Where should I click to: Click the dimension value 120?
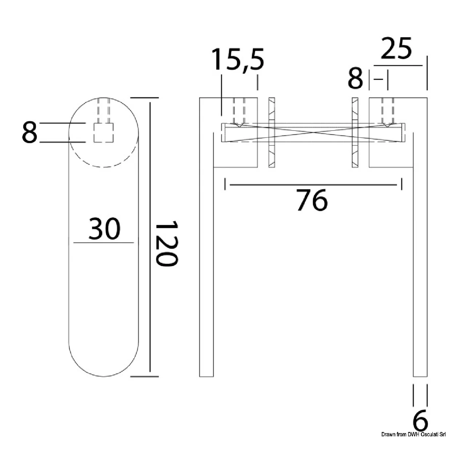[x=167, y=244]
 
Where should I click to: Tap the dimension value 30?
[x=104, y=228]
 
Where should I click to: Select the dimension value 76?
[x=312, y=200]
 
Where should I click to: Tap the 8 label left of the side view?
[x=29, y=132]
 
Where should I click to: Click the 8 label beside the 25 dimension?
[x=355, y=78]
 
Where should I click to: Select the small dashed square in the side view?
[x=104, y=133]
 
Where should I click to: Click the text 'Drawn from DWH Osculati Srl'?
[x=413, y=435]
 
